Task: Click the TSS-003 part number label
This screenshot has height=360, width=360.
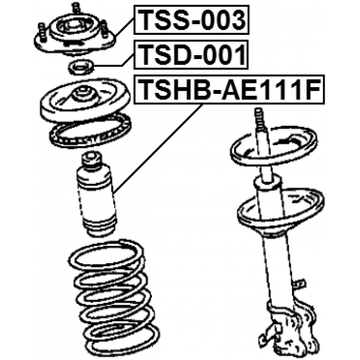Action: pos(191,20)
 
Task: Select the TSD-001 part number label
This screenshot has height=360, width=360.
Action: pos(191,55)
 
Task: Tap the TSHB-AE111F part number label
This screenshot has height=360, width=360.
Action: pos(229,89)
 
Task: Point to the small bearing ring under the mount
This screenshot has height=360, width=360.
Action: pos(80,67)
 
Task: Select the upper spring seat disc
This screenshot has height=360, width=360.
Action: pos(85,100)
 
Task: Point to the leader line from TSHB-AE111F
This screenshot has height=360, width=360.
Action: pos(158,148)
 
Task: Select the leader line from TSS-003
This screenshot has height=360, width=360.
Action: pos(125,28)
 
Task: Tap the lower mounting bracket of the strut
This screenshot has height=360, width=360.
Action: pos(290,326)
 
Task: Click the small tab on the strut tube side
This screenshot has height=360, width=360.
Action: pos(299,283)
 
